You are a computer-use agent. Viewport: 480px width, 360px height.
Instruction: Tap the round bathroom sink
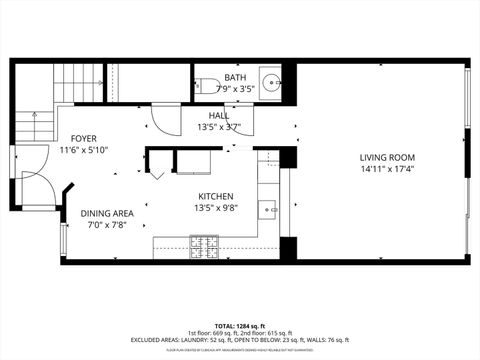(x=269, y=82)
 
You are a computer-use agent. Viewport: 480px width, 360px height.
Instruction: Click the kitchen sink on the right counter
(x=267, y=209)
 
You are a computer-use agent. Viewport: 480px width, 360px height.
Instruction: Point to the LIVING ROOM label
(x=387, y=158)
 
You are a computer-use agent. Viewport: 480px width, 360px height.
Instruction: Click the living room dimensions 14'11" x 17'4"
(x=387, y=170)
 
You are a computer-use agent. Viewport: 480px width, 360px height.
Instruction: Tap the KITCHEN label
(x=215, y=197)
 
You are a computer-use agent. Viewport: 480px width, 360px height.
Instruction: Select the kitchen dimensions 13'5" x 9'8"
(x=215, y=209)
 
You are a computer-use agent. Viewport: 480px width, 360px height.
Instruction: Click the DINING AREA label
(x=107, y=213)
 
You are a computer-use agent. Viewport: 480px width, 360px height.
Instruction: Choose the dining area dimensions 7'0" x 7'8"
(x=107, y=225)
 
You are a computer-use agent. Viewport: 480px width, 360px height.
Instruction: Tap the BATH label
(x=235, y=77)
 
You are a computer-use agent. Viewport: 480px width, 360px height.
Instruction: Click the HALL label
(x=218, y=115)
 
